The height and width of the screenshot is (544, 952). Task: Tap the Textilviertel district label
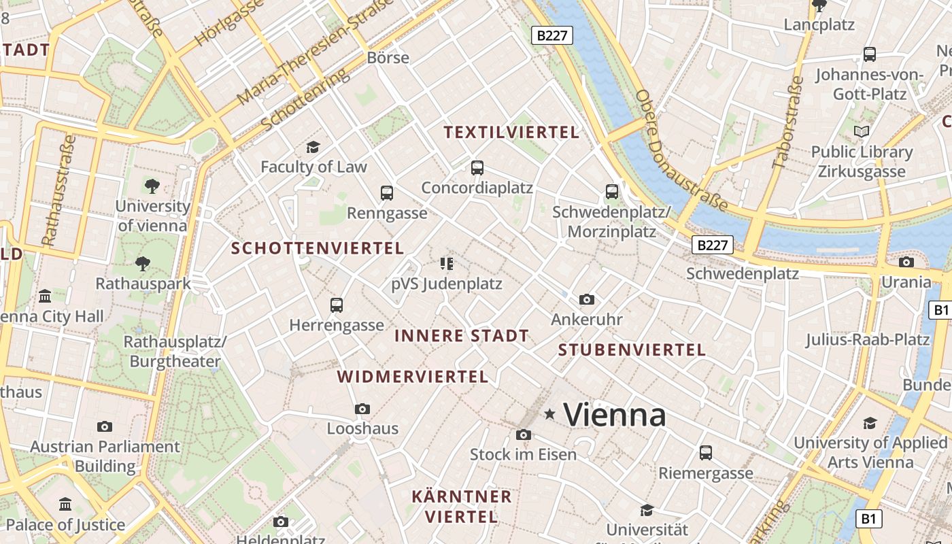(x=511, y=133)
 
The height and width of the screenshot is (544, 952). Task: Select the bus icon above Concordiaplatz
(x=477, y=167)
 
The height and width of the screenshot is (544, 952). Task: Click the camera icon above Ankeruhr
(x=586, y=299)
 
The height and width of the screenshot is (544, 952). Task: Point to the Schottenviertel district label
(x=318, y=248)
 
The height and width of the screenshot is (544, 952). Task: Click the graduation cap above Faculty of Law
(x=313, y=147)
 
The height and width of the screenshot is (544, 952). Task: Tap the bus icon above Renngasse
(x=387, y=193)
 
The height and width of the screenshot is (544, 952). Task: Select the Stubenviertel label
(x=632, y=350)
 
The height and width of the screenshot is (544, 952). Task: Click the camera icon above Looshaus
(x=362, y=409)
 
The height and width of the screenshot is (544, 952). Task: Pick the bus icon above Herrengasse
(x=337, y=305)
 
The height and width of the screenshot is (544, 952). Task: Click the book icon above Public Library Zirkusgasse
(x=862, y=132)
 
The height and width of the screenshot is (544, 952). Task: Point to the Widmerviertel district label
(x=413, y=377)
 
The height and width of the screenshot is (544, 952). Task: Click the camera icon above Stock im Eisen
(x=523, y=435)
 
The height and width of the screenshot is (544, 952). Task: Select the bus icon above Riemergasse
(x=706, y=452)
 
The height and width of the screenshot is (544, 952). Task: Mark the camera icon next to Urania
(x=906, y=262)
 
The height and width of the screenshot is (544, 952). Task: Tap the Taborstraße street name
(x=789, y=122)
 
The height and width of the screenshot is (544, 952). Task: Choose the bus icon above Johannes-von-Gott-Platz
(x=869, y=54)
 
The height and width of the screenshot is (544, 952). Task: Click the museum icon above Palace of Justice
(x=65, y=505)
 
